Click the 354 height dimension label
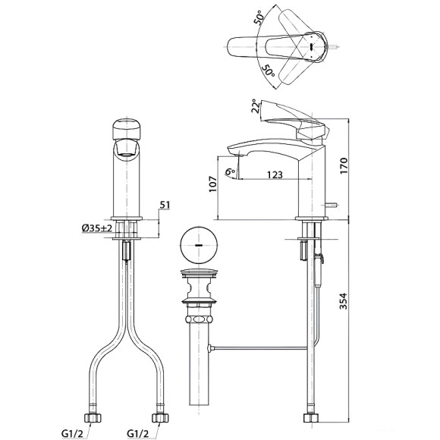tap(344, 301)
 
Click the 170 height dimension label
tap(344, 166)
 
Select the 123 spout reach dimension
tap(275, 174)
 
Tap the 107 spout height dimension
tap(213, 184)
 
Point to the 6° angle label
tap(231, 171)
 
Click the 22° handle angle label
tap(256, 105)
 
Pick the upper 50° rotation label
tap(259, 17)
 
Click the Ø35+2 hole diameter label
tap(97, 228)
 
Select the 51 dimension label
tap(165, 205)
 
